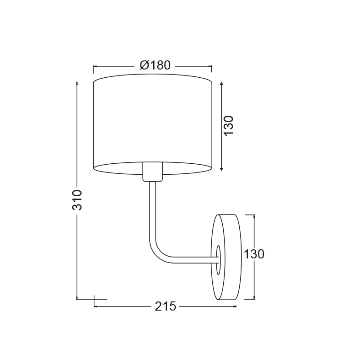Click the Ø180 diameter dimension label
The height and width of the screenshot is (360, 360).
point(155,65)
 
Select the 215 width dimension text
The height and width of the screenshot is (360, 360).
point(165,306)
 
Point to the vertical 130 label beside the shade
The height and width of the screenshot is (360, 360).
point(229,126)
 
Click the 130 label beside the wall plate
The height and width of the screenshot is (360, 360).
point(254,254)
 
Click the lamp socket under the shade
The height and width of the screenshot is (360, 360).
point(152,172)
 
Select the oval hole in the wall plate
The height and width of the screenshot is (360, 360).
point(218,260)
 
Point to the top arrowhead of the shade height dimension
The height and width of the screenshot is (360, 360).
point(221,83)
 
